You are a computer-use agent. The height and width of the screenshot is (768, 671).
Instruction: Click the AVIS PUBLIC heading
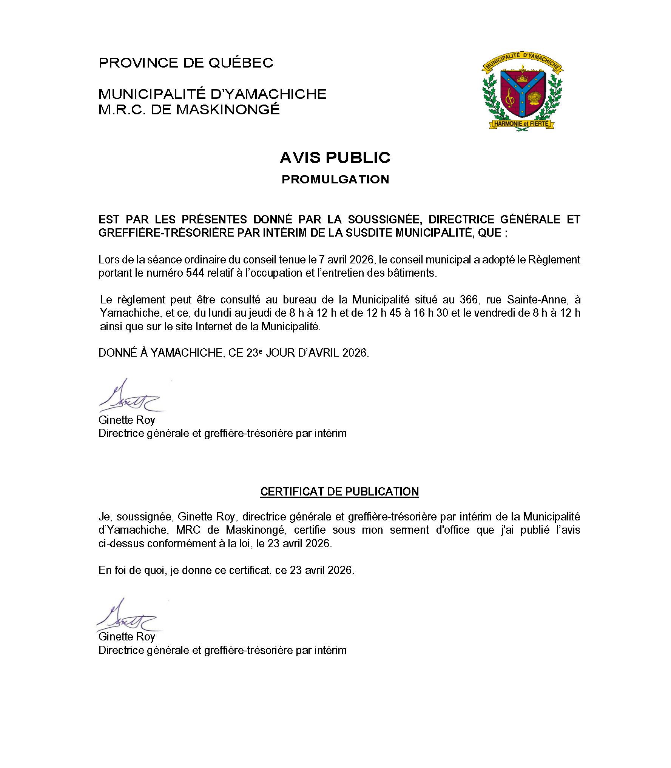point(335,158)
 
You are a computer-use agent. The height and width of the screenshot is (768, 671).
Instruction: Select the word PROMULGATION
point(335,179)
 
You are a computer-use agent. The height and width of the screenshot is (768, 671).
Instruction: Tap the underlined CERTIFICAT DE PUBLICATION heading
point(339,491)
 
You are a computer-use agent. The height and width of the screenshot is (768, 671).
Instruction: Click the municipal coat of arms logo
point(522,91)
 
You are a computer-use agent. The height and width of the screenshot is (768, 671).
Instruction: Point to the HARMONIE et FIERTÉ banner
point(521,124)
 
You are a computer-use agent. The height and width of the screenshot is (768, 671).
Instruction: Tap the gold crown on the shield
point(523,78)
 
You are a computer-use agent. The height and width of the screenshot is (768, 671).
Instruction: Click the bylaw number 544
point(195,273)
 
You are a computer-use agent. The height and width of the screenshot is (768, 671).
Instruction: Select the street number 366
point(469,300)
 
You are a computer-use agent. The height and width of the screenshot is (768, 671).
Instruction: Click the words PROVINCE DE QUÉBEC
point(186,63)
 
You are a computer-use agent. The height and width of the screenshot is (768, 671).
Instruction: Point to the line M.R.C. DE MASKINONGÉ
point(189,109)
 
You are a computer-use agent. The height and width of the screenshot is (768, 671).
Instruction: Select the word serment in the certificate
point(409,530)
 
